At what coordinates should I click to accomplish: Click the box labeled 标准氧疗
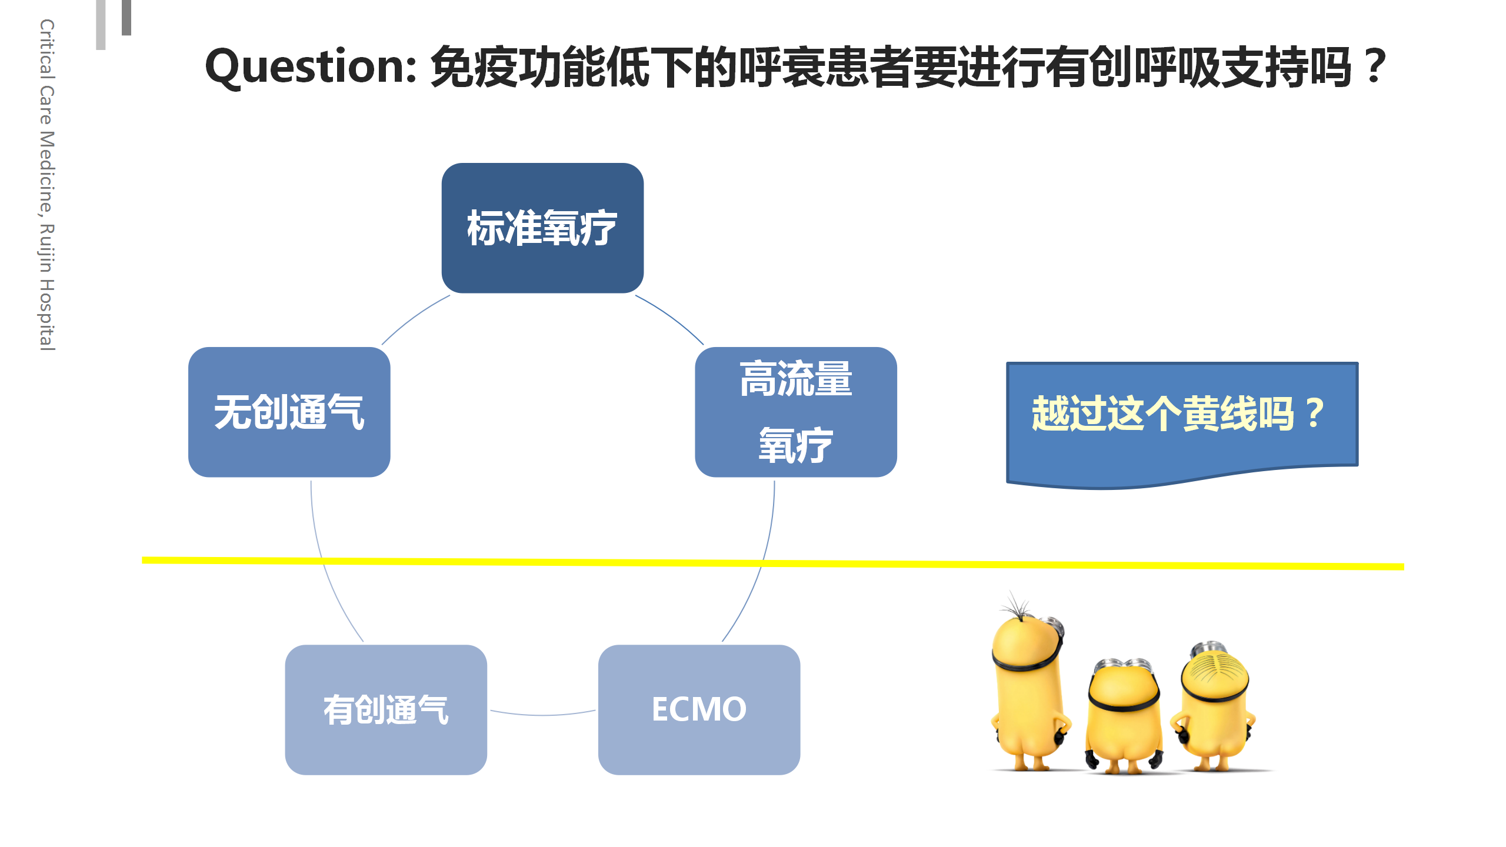(x=542, y=228)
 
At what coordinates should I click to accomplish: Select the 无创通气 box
(x=289, y=412)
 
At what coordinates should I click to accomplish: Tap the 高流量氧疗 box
(x=796, y=412)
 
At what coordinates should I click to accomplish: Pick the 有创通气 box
(x=386, y=710)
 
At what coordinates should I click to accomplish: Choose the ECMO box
(x=699, y=710)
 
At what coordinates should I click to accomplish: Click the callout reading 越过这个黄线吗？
(x=1182, y=423)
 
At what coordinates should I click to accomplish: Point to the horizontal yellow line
(x=773, y=563)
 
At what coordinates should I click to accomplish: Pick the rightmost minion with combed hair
(x=1214, y=706)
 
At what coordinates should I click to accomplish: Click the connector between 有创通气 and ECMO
(x=543, y=715)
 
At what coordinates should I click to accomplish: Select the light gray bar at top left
(x=101, y=25)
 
